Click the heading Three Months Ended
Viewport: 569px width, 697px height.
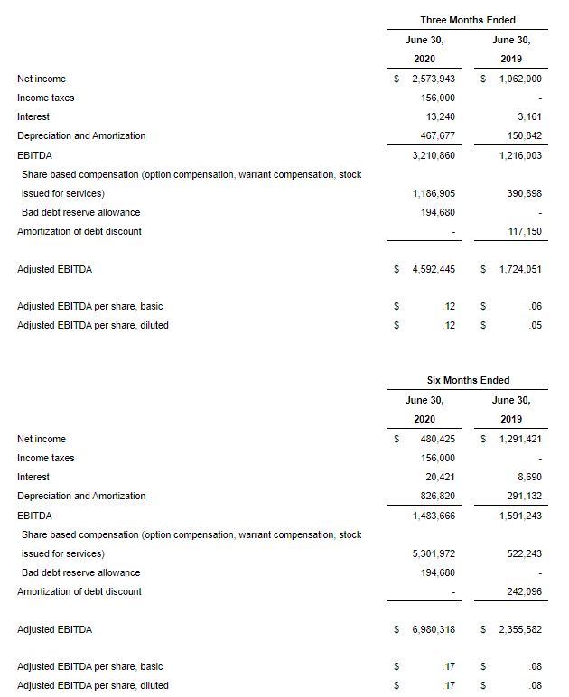point(467,20)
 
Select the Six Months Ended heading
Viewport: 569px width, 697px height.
point(468,380)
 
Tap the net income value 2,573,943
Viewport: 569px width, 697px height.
point(433,79)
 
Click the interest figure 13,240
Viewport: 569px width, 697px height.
point(440,116)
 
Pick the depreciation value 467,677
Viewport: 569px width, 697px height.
point(437,135)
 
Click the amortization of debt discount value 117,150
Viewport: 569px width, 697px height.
point(525,231)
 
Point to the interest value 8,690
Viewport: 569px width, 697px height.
point(529,477)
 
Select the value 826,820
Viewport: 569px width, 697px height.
point(437,496)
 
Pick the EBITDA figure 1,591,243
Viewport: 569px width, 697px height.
point(520,516)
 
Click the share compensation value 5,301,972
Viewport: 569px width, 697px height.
point(433,553)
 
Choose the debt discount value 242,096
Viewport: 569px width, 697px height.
point(525,591)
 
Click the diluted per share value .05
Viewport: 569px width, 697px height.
point(536,325)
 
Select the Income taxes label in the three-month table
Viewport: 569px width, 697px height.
point(45,98)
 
